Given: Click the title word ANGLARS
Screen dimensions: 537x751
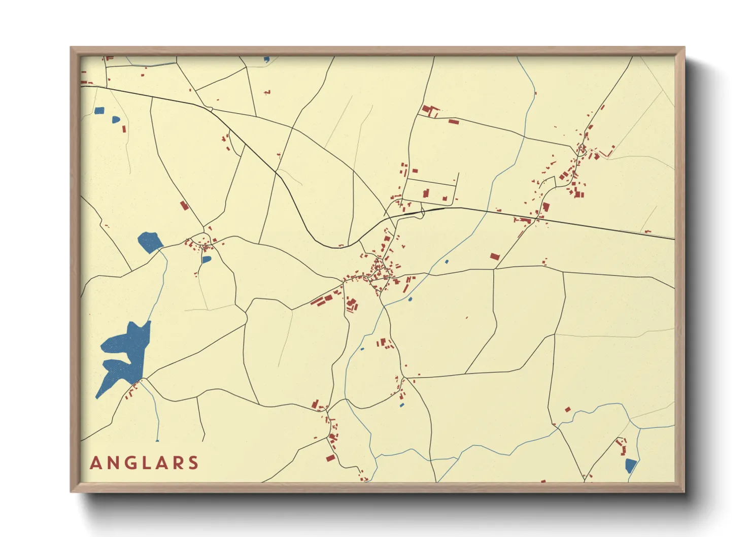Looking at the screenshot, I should [x=144, y=463].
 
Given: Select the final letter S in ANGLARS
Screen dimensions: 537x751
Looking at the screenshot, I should [x=193, y=463].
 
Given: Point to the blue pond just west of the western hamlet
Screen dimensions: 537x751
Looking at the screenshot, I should [x=150, y=242].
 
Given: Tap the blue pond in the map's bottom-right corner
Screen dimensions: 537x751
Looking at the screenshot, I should [x=630, y=465].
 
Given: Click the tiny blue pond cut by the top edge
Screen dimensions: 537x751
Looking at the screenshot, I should [x=266, y=59].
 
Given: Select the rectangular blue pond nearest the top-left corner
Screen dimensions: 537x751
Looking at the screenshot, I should [x=99, y=111].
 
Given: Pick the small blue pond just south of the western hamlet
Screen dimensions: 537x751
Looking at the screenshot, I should [x=206, y=259].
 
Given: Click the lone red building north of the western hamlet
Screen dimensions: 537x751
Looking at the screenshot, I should [x=184, y=205].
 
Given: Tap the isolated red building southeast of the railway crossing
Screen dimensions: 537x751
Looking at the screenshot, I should [x=495, y=257].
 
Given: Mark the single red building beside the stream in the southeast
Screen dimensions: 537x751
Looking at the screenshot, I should [x=568, y=409].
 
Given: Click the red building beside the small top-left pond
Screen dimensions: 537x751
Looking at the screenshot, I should [x=123, y=128].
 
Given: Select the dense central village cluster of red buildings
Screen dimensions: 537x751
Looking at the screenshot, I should [x=378, y=272].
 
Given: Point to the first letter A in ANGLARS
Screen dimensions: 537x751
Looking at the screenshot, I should [x=95, y=463].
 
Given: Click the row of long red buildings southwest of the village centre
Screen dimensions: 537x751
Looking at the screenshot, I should [x=324, y=299].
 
